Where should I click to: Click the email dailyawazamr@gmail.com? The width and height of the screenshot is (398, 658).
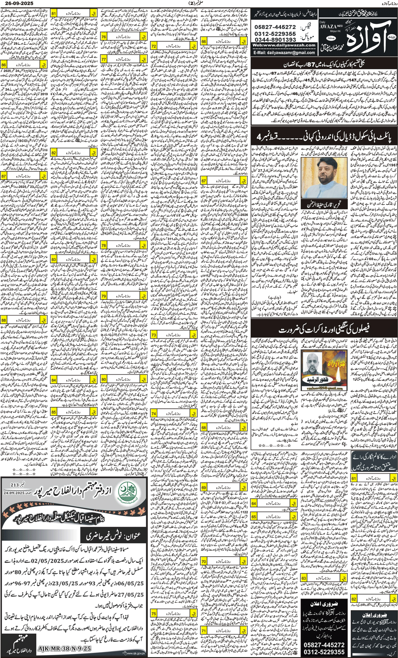(x=284, y=53)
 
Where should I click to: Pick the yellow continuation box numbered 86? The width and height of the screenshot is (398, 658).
(x=24, y=65)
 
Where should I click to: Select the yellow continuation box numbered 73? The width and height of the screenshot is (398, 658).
(x=173, y=335)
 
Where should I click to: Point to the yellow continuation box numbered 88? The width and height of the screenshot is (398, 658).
(x=24, y=320)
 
